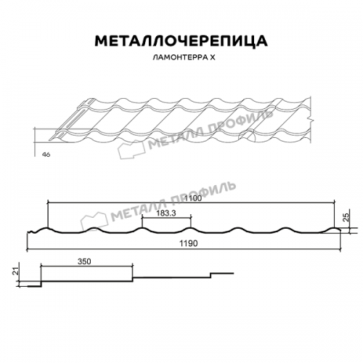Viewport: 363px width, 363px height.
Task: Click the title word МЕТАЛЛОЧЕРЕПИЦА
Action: click(181, 39)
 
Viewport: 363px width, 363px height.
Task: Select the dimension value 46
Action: click(46, 155)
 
